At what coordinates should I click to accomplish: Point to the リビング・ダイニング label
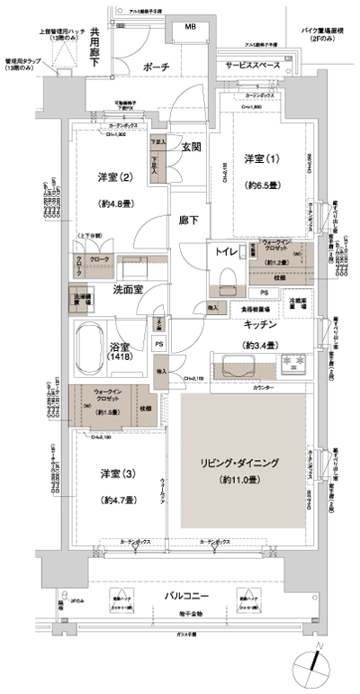[x=238, y=462]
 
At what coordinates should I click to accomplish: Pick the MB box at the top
[x=190, y=27]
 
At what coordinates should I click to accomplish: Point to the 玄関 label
[x=188, y=147]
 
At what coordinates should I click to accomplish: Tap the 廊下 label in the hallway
[x=188, y=217]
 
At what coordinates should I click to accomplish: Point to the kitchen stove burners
[x=292, y=364]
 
